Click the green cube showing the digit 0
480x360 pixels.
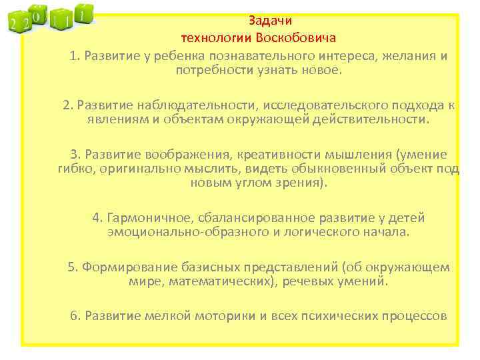(38, 15)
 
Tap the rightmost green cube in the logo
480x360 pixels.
(82, 13)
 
